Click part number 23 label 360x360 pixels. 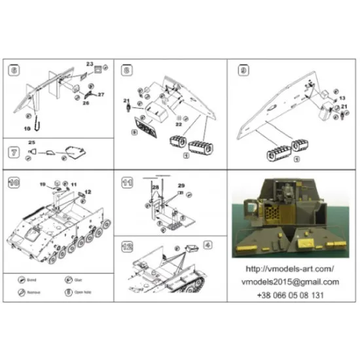[89, 63]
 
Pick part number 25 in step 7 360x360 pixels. [32, 142]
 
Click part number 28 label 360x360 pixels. [156, 187]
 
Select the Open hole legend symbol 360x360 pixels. [66, 292]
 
